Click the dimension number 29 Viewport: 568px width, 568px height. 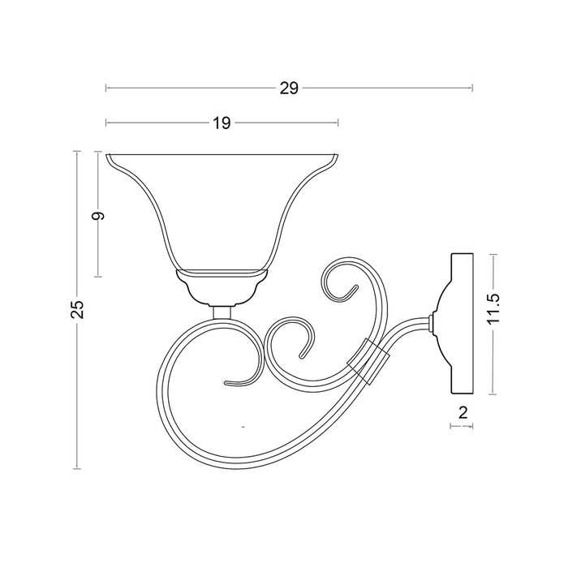coord(289,88)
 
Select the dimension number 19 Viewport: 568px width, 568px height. coord(222,123)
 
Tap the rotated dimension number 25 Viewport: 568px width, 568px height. coord(77,309)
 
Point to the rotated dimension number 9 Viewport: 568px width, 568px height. coord(98,216)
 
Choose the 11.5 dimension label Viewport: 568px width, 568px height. coord(493,308)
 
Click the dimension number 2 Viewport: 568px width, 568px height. coord(463,412)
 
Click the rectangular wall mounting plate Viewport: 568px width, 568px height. coord(462,324)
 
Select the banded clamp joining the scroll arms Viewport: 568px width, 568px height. coord(368,361)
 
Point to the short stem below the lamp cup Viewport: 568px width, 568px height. coord(222,312)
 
